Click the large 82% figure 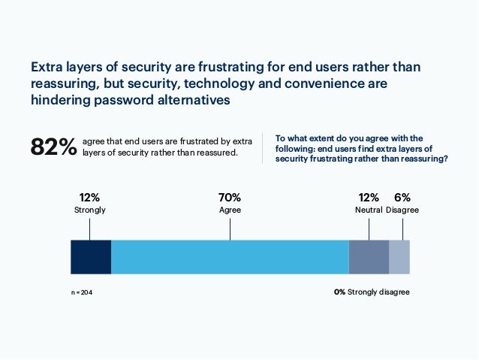[53, 147]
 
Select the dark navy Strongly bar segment [91, 256]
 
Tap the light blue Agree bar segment [230, 256]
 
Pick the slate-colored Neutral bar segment [369, 256]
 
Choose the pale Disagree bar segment [399, 256]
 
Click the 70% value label [230, 198]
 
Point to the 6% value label [402, 198]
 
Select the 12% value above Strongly [90, 198]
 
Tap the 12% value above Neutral [369, 198]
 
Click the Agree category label [230, 210]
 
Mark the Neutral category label [369, 210]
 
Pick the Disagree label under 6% [402, 210]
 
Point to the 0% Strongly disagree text [372, 292]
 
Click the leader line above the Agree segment [230, 228]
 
